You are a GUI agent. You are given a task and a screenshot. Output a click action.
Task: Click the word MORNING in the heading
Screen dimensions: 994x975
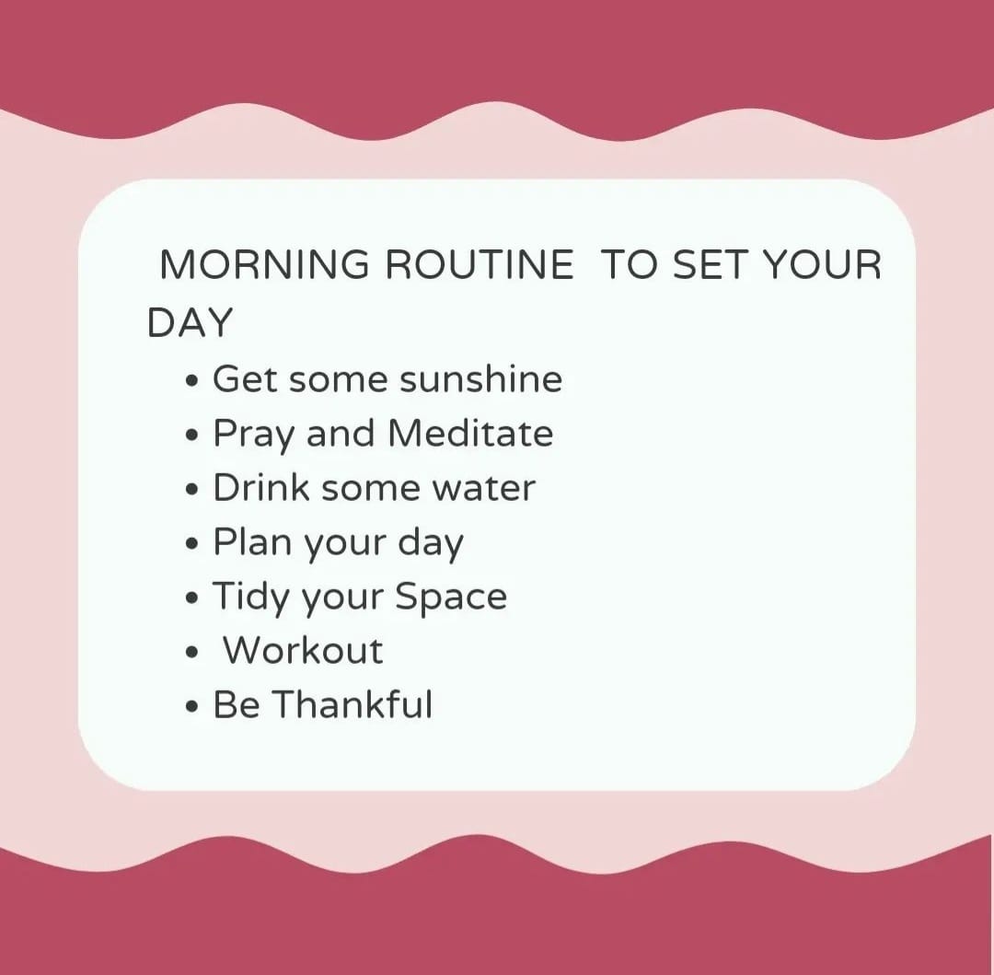264,264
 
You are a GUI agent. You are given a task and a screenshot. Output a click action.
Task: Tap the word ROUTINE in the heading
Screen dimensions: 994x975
480,264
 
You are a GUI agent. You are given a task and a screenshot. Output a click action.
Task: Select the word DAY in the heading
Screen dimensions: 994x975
190,322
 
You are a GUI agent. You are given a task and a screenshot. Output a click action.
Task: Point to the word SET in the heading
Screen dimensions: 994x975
709,264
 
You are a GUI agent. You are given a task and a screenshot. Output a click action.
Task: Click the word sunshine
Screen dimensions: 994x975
481,379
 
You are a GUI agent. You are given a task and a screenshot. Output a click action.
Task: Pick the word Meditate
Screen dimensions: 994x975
470,433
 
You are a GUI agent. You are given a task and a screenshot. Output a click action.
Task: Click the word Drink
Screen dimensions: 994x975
261,487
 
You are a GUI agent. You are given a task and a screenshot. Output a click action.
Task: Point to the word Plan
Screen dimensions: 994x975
251,541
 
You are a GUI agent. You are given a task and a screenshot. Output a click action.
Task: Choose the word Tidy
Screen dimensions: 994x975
251,598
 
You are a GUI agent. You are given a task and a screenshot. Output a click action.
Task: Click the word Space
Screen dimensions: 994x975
451,598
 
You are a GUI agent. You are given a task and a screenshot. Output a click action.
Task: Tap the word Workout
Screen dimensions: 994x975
303,650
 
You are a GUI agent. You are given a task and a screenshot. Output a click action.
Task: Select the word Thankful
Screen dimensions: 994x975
353,703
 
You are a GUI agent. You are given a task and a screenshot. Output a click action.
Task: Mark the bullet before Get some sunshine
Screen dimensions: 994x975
192,382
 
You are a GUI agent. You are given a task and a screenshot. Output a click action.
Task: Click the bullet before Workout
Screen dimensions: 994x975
192,653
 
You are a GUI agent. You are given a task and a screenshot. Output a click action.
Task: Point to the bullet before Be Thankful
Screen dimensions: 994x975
192,707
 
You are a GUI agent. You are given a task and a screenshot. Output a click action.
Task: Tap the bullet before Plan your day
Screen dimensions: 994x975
192,544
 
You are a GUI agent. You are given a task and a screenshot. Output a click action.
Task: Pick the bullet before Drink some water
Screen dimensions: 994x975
192,491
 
